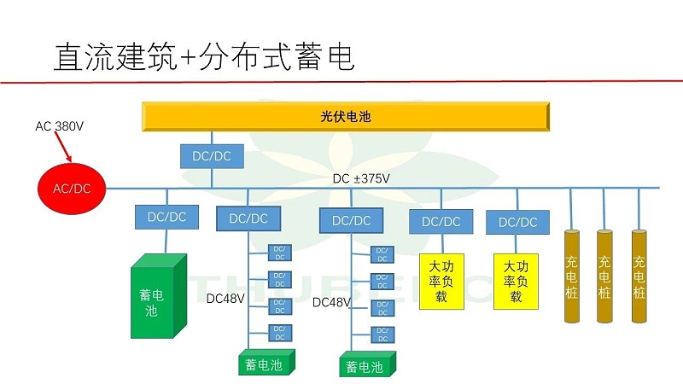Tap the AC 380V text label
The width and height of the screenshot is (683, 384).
59,126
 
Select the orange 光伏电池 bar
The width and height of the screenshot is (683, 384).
346,117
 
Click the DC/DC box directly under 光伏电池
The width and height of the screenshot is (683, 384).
212,156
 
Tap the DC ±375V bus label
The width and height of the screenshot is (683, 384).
361,178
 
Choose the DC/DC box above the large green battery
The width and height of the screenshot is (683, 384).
166,217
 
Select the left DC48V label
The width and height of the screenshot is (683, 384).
225,299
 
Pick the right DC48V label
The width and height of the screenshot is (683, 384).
331,302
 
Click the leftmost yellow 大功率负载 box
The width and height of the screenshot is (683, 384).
441,281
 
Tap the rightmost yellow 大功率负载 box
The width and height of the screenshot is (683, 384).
517,281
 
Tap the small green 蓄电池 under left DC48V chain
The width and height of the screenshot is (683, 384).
266,364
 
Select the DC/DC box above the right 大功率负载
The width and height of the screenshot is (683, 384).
517,222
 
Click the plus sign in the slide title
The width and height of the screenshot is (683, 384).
189,57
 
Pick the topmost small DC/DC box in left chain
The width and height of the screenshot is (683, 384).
279,253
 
